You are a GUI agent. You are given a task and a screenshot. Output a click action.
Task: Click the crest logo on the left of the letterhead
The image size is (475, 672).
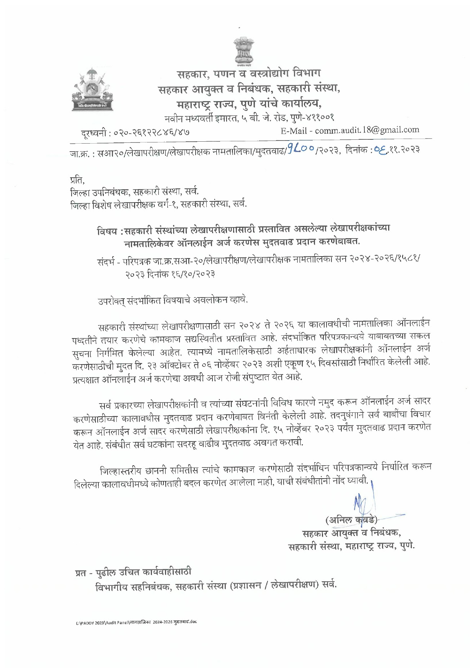[x=92, y=89]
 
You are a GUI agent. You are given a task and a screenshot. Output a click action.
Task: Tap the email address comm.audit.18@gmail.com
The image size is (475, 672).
[x=367, y=130]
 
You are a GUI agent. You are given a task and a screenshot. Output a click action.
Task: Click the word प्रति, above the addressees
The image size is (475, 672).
[x=77, y=180]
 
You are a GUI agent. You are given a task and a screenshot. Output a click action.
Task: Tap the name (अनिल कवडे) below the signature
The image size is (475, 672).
[x=351, y=520]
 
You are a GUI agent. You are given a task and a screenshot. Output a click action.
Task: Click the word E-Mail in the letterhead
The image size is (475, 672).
[x=294, y=131]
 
